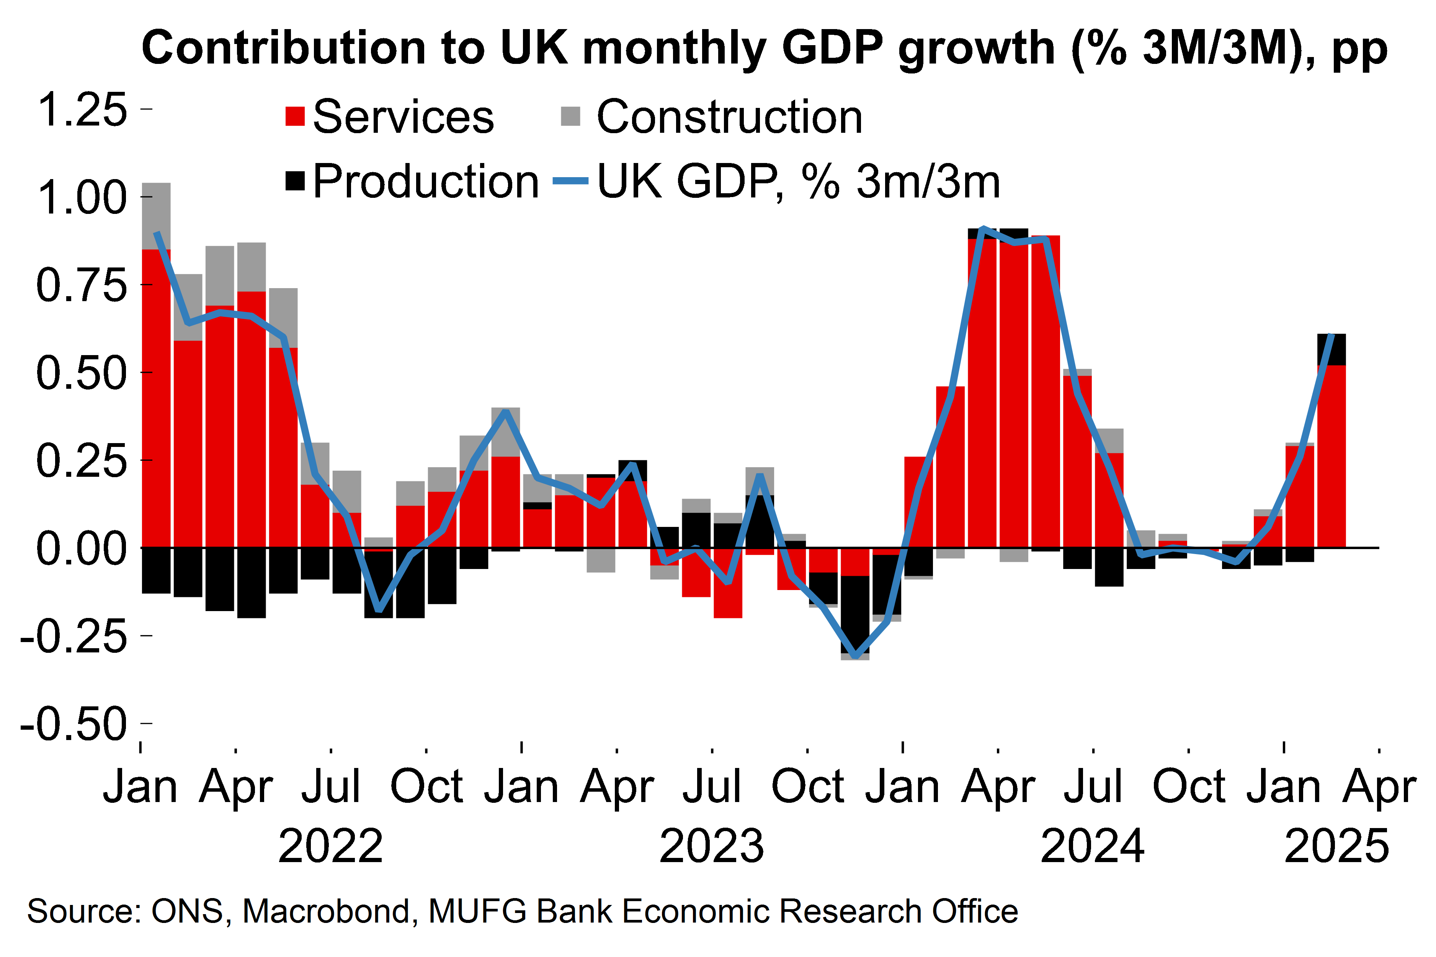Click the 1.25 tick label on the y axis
pyautogui.click(x=82, y=111)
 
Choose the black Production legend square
pyautogui.click(x=295, y=181)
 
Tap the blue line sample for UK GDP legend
pyautogui.click(x=570, y=181)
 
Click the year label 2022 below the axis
pyautogui.click(x=330, y=846)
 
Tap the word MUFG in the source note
pyautogui.click(x=477, y=911)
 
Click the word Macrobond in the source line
pyautogui.click(x=325, y=911)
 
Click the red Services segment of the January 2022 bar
pyautogui.click(x=156, y=397)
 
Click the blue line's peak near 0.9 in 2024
pyautogui.click(x=982, y=229)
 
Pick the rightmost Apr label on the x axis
pyautogui.click(x=1379, y=787)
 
